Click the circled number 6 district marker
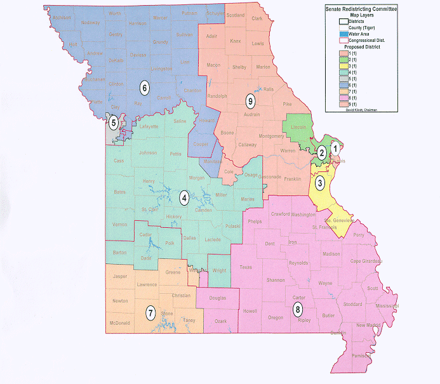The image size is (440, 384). coord(144,87)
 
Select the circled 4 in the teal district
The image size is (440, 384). coord(184,196)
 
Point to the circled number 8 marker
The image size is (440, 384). coord(297,310)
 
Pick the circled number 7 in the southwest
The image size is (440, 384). coord(150,312)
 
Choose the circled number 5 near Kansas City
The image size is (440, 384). coord(113,122)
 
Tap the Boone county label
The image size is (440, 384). coord(228,133)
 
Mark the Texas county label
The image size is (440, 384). coord(246,267)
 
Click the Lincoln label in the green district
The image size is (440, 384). coord(297,128)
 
